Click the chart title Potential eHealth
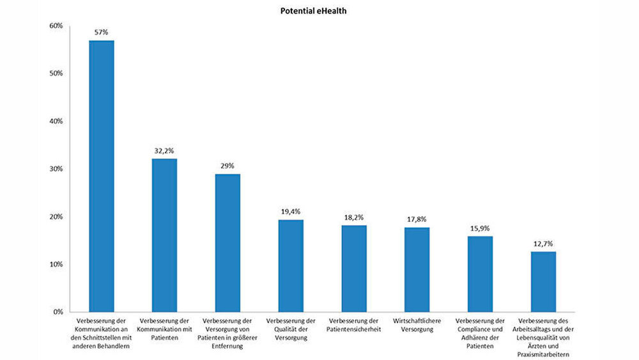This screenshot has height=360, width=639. point(313,11)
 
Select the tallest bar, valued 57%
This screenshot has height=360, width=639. point(101,176)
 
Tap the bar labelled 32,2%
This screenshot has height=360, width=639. point(164,235)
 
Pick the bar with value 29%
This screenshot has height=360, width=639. point(227,242)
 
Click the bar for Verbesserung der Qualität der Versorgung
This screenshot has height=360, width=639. point(291,265)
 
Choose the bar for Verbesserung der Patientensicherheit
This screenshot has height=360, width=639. point(353,268)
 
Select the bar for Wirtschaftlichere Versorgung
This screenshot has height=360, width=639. point(417,269)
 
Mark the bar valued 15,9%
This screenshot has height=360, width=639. point(480,274)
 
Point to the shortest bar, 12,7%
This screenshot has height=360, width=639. point(543,281)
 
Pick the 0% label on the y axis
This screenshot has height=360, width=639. point(57,311)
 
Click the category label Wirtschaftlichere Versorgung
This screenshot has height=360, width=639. point(417,325)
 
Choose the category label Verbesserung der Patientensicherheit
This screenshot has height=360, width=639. point(353,325)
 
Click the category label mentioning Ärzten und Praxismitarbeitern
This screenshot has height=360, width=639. point(543,337)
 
